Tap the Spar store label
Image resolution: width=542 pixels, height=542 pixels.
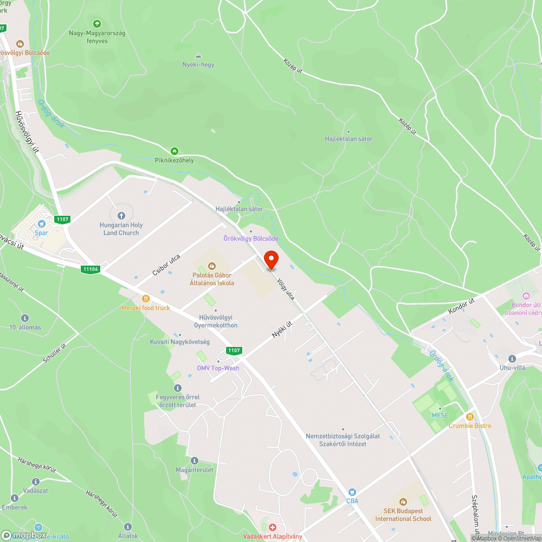click(x=41, y=233)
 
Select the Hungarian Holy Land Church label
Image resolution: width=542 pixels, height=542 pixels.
click(x=121, y=229)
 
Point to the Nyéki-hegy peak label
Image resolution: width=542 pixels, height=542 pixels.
click(x=198, y=64)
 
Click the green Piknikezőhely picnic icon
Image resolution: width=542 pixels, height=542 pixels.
click(x=175, y=151)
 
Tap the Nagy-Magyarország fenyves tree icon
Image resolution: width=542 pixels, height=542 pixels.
click(x=97, y=24)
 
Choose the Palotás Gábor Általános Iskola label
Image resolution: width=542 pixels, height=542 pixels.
click(x=212, y=279)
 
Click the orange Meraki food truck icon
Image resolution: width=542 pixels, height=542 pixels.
click(x=145, y=298)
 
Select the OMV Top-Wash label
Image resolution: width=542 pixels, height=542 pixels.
click(x=218, y=368)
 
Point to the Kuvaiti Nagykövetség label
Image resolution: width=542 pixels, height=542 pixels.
click(x=180, y=342)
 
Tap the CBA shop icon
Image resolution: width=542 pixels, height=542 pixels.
click(x=352, y=492)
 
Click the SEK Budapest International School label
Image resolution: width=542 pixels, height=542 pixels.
click(x=403, y=515)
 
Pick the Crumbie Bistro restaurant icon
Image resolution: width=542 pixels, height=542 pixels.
click(x=469, y=416)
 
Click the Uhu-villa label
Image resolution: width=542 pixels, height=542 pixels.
click(x=512, y=367)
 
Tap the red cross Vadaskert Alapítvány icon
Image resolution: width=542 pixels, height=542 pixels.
click(x=273, y=527)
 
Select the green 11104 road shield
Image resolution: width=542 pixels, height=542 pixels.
click(x=90, y=269)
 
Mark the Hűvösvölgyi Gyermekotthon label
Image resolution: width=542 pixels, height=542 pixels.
click(x=216, y=321)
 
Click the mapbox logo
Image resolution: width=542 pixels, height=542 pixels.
click(x=25, y=535)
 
